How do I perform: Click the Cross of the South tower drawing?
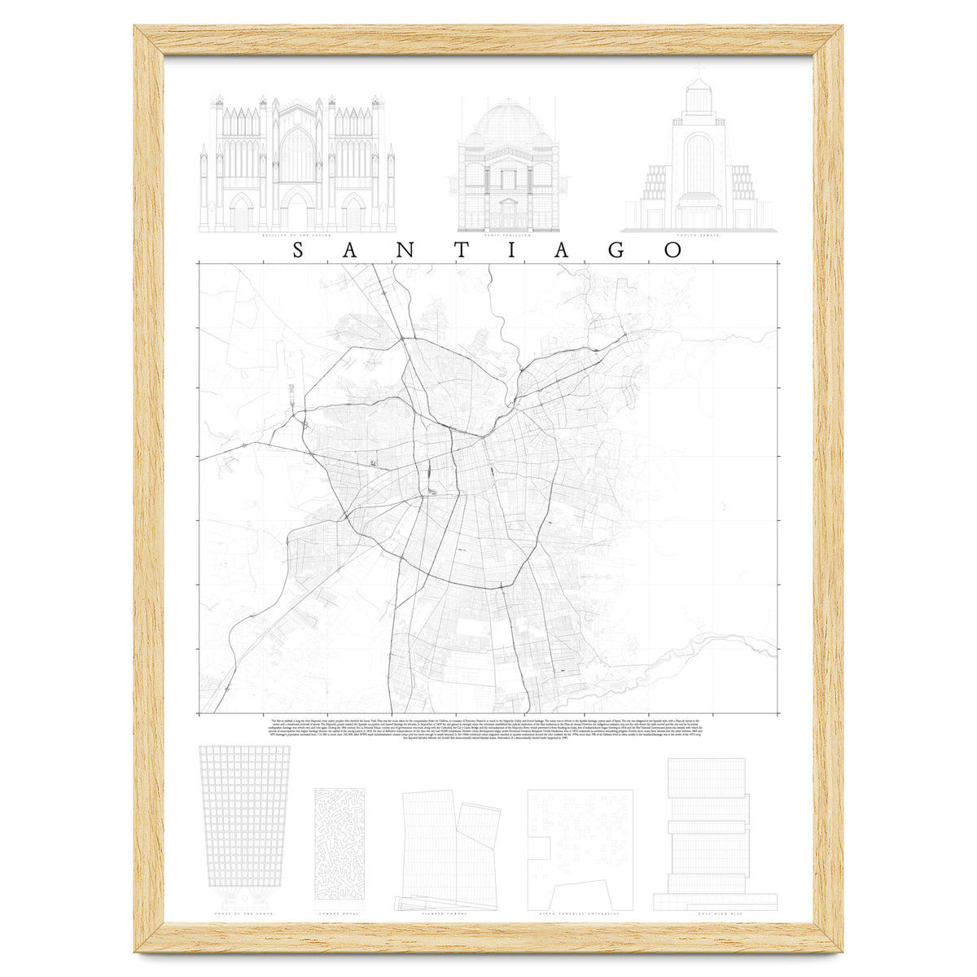pyautogui.click(x=245, y=822)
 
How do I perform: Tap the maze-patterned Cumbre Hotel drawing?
pyautogui.click(x=339, y=847)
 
